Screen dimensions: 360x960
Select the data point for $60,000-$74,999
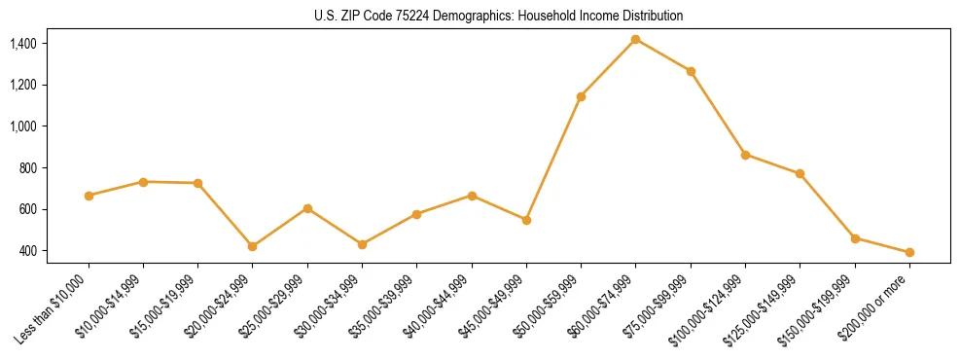[x=636, y=39]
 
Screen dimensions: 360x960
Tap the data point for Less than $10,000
[x=89, y=196]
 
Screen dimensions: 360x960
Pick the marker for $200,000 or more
[x=909, y=252]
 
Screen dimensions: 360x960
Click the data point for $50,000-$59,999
[x=581, y=96]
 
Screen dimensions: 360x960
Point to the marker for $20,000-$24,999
[x=253, y=246]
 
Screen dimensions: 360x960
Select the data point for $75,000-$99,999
[x=691, y=71]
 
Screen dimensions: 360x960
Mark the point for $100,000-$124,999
[x=745, y=155]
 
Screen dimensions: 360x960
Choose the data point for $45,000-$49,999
[x=526, y=220]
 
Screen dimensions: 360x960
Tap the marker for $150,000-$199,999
[x=855, y=238]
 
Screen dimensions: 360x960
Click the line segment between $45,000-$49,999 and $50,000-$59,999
[x=553, y=159]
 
